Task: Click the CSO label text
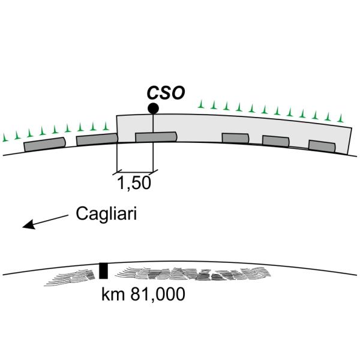[166, 93]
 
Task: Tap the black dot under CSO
[154, 109]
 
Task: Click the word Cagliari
[106, 214]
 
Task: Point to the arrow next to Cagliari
[45, 221]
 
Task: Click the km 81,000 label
[143, 295]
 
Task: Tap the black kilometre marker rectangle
[103, 271]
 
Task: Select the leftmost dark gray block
[44, 144]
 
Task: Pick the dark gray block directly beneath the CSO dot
[155, 137]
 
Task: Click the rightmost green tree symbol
[341, 115]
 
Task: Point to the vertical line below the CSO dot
[154, 123]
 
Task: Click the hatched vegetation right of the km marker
[192, 275]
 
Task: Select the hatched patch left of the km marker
[75, 276]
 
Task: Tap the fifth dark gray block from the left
[276, 141]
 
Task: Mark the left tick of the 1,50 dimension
[116, 172]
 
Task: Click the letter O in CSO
[177, 93]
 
